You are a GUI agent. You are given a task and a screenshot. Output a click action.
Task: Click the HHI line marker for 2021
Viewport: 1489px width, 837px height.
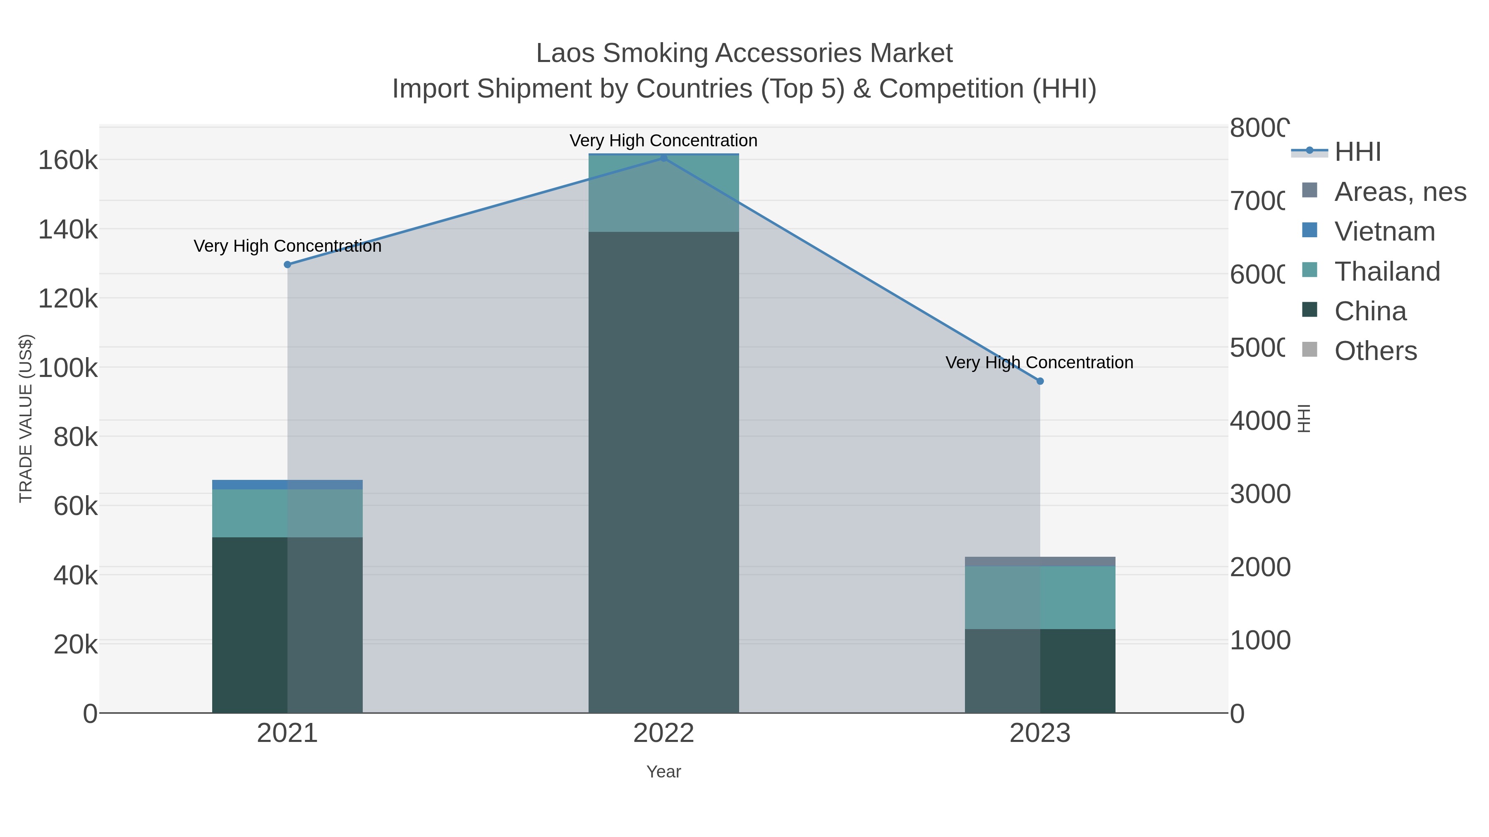(287, 265)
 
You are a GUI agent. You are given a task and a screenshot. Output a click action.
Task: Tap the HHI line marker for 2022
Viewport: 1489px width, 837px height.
(663, 158)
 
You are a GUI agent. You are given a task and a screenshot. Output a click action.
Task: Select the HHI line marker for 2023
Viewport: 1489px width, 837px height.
(1040, 381)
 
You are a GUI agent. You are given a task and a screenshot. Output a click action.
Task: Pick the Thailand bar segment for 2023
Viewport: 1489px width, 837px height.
(1040, 597)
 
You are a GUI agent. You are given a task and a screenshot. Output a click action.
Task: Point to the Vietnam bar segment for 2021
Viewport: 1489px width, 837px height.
(287, 485)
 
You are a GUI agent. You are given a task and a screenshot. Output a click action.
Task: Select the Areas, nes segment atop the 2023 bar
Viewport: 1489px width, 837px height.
(1040, 561)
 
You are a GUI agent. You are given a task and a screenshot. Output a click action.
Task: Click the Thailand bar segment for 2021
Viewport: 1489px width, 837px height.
(287, 513)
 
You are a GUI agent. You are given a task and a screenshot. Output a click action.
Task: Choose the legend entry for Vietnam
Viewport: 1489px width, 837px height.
(1384, 231)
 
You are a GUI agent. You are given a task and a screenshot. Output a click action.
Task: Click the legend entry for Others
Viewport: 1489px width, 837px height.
(1375, 351)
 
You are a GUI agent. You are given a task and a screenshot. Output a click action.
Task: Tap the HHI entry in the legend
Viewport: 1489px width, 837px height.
(1357, 152)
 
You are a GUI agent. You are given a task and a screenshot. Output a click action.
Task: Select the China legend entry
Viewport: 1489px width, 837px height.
(1370, 311)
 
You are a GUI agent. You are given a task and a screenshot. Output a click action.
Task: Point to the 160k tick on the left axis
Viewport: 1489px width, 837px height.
(68, 161)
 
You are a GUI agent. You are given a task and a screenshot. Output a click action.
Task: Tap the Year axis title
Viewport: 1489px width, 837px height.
(663, 772)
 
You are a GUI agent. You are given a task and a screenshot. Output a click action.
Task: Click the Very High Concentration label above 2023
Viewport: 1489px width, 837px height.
(1039, 363)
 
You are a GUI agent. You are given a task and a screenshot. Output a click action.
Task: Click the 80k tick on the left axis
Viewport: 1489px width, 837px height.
(76, 438)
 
